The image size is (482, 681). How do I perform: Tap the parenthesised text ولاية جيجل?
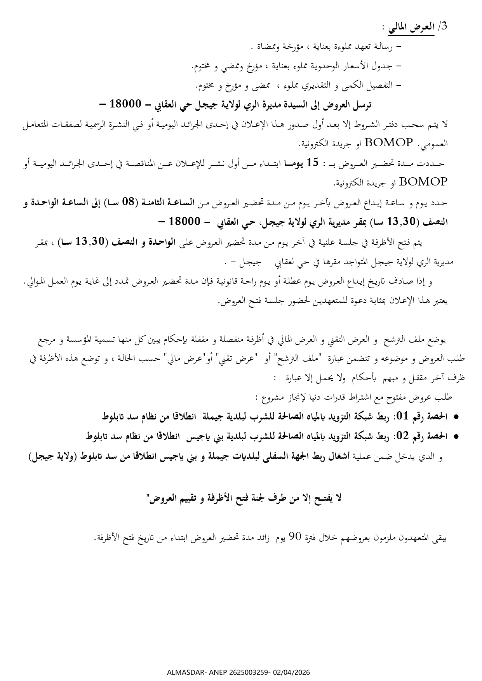click(x=56, y=457)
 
